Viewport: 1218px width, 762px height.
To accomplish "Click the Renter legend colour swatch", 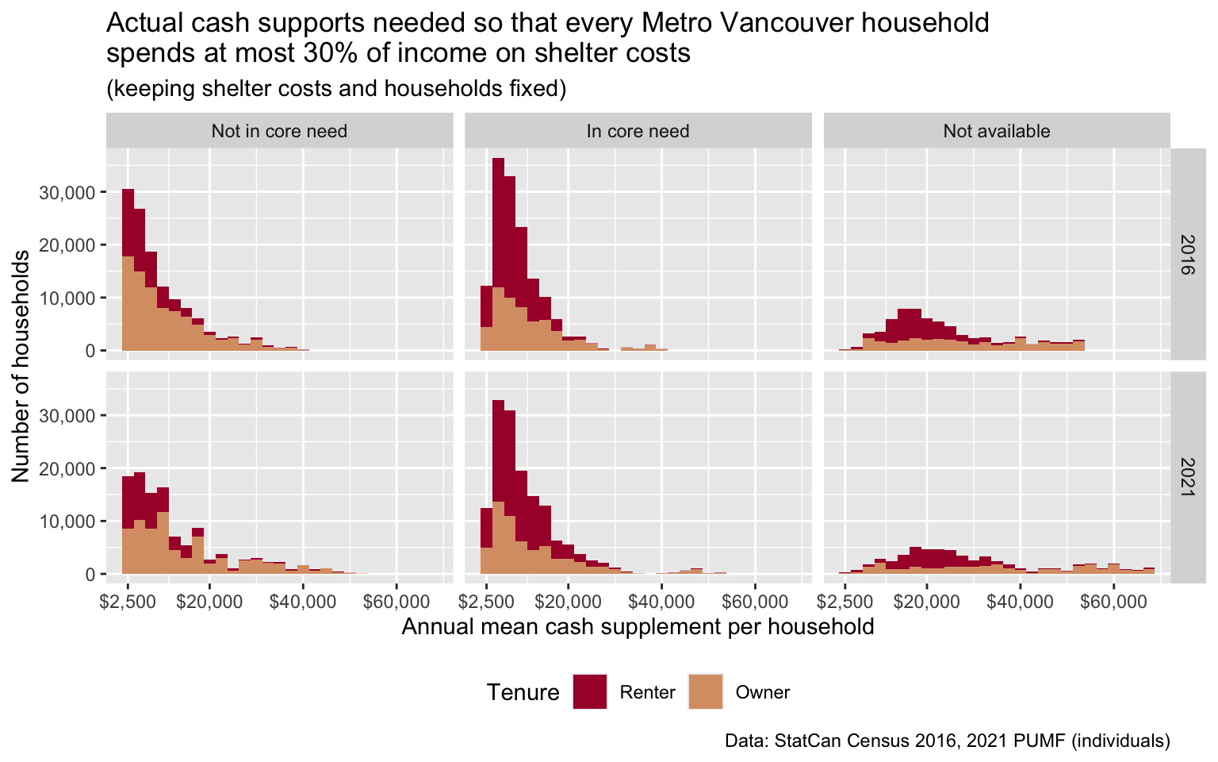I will (x=589, y=691).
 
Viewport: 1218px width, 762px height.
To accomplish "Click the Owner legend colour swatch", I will (x=705, y=691).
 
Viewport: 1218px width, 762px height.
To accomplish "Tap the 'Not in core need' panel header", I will (x=279, y=131).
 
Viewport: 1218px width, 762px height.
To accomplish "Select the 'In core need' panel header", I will (x=638, y=131).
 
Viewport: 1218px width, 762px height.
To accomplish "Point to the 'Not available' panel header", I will (x=996, y=131).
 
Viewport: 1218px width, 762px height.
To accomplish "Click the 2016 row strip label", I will (x=1187, y=254).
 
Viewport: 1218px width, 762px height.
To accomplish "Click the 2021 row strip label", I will (x=1187, y=477).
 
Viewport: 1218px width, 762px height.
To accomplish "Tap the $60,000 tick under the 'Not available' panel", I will (x=1113, y=602).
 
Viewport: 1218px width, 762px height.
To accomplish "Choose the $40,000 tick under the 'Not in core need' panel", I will (x=302, y=602).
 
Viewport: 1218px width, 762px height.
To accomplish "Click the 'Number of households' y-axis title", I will (x=21, y=366).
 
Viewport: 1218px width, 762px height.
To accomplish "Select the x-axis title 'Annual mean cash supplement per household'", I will (x=638, y=627).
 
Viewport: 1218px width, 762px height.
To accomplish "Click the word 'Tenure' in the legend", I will (x=523, y=692).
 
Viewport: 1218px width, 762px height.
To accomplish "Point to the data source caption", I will (x=947, y=741).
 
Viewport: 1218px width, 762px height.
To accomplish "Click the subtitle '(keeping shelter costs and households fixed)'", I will (x=336, y=88).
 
